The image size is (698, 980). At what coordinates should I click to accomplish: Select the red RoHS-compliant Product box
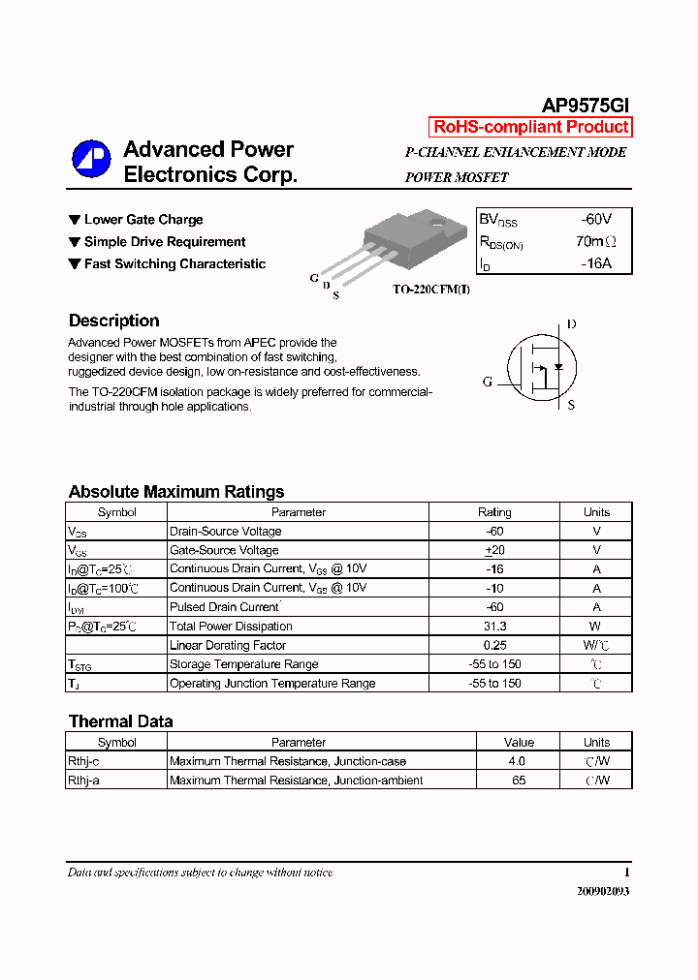point(530,127)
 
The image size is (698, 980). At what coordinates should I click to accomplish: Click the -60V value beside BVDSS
point(595,220)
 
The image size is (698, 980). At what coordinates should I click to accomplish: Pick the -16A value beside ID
point(595,262)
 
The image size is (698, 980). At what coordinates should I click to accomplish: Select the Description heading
point(113,321)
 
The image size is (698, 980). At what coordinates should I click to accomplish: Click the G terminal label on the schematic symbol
point(488,382)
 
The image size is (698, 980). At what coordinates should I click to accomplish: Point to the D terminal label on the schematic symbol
point(571,324)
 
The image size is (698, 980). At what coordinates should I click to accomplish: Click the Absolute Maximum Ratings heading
point(175,491)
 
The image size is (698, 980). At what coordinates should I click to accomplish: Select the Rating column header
point(494,512)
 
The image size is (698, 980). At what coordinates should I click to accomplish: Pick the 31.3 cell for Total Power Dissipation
point(494,627)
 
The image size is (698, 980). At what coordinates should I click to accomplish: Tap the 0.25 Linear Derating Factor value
point(494,645)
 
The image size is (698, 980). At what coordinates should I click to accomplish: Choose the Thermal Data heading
point(120,721)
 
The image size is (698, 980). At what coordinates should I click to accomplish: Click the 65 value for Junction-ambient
point(519,781)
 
